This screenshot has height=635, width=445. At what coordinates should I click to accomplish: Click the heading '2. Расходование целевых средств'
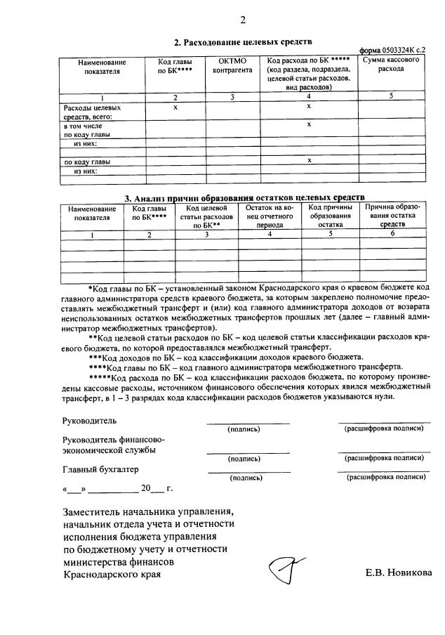242,42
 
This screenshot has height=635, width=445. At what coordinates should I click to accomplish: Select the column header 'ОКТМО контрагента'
232,66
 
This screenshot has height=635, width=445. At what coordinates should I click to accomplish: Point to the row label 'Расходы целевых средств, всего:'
92,112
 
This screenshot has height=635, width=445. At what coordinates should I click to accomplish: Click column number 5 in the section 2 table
392,97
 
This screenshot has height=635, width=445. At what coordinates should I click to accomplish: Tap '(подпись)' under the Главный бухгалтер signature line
246,478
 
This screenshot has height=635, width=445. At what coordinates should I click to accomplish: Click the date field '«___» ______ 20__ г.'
117,488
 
